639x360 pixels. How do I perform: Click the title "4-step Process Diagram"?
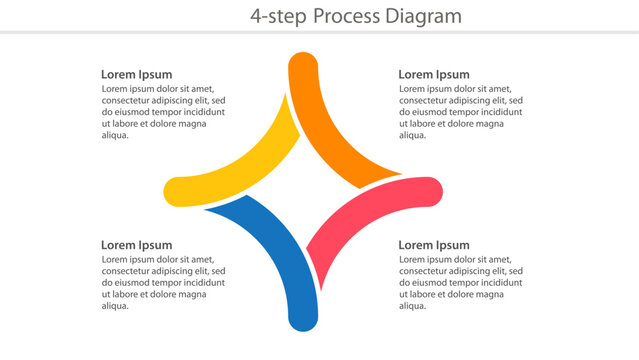pyautogui.click(x=356, y=16)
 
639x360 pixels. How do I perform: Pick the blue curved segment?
pyautogui.click(x=270, y=250)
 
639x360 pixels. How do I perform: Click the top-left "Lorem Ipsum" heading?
pyautogui.click(x=136, y=74)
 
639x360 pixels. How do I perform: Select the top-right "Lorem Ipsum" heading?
pyautogui.click(x=433, y=74)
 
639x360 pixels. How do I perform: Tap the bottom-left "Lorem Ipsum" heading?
pyautogui.click(x=136, y=245)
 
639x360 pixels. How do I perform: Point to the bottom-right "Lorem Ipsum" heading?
pyautogui.click(x=433, y=245)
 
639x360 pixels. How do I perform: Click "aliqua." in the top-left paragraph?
pyautogui.click(x=116, y=136)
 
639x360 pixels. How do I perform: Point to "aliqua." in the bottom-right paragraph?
pyautogui.click(x=413, y=307)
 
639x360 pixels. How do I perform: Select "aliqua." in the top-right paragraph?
pyautogui.click(x=413, y=136)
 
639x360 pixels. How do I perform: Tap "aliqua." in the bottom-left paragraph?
pyautogui.click(x=116, y=307)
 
